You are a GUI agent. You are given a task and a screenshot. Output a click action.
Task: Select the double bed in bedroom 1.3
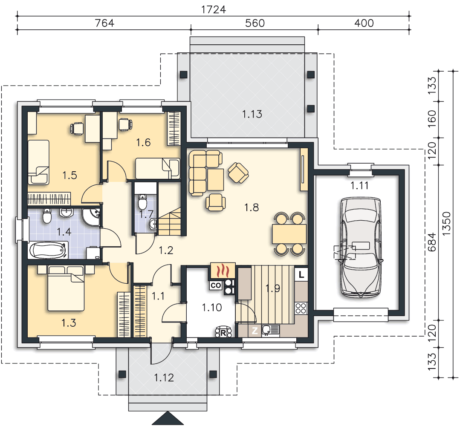[66, 288]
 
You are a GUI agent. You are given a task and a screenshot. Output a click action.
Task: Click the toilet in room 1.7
[142, 201]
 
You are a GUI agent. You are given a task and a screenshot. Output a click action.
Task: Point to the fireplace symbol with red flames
[223, 271]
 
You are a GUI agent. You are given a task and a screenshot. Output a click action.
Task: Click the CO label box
[216, 285]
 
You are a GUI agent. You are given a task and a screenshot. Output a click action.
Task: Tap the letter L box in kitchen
[301, 275]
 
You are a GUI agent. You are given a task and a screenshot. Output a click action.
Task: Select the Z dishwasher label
[255, 331]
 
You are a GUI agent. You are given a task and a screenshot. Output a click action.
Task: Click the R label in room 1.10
[223, 333]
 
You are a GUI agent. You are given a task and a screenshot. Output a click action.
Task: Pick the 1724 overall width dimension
[214, 9]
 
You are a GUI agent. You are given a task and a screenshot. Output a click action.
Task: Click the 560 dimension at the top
[255, 23]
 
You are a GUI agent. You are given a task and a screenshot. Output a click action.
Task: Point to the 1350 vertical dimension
[446, 224]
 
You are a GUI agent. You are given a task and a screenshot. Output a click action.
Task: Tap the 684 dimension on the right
[431, 242]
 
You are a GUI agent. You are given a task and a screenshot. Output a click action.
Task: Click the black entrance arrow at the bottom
[168, 418]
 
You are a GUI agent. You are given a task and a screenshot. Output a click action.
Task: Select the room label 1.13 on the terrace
[252, 114]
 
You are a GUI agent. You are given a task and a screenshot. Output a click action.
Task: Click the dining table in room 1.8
[289, 234]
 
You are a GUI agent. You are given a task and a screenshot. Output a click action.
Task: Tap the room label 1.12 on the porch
[164, 377]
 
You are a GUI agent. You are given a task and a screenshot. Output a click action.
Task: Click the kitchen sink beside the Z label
[270, 331]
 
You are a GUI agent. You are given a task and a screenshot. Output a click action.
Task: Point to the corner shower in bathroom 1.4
[92, 217]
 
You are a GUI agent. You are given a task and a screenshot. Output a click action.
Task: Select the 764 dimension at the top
[104, 23]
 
